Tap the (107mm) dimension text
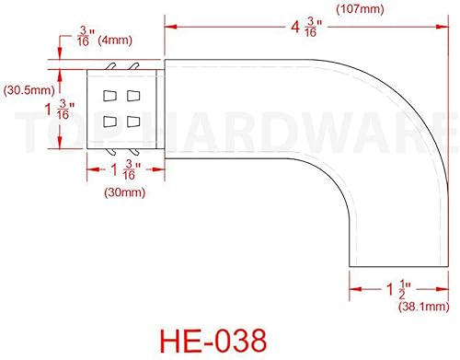pos(360,9)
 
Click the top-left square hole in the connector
pos(109,97)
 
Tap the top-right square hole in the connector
pos(133,97)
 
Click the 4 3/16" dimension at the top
pos(305,29)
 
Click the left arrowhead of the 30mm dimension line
pos(90,168)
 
